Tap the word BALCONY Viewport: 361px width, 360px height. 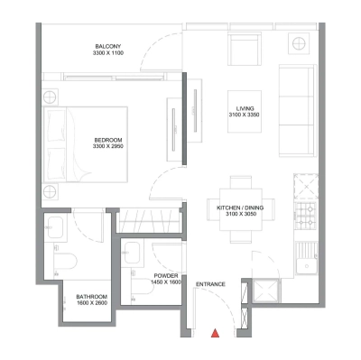(108, 47)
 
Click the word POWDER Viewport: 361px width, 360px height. (164, 276)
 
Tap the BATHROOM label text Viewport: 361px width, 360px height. (92, 296)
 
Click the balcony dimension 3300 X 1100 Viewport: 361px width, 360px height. (108, 54)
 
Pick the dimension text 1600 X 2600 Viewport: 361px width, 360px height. (92, 303)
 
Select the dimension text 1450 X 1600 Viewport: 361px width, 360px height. (164, 283)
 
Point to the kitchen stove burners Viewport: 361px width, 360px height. (305, 216)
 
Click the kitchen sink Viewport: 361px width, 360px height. (306, 263)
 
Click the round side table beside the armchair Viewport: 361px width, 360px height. (295, 42)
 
